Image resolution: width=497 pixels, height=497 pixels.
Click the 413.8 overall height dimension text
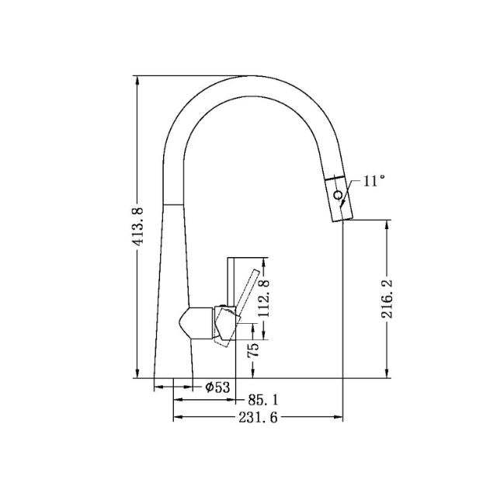139,225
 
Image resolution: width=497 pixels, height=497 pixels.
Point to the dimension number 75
252,350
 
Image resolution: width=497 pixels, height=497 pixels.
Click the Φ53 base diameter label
217,386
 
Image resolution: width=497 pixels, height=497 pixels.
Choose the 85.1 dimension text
263,401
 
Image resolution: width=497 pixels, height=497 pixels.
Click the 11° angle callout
374,181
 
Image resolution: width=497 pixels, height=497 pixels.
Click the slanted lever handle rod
246,295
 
